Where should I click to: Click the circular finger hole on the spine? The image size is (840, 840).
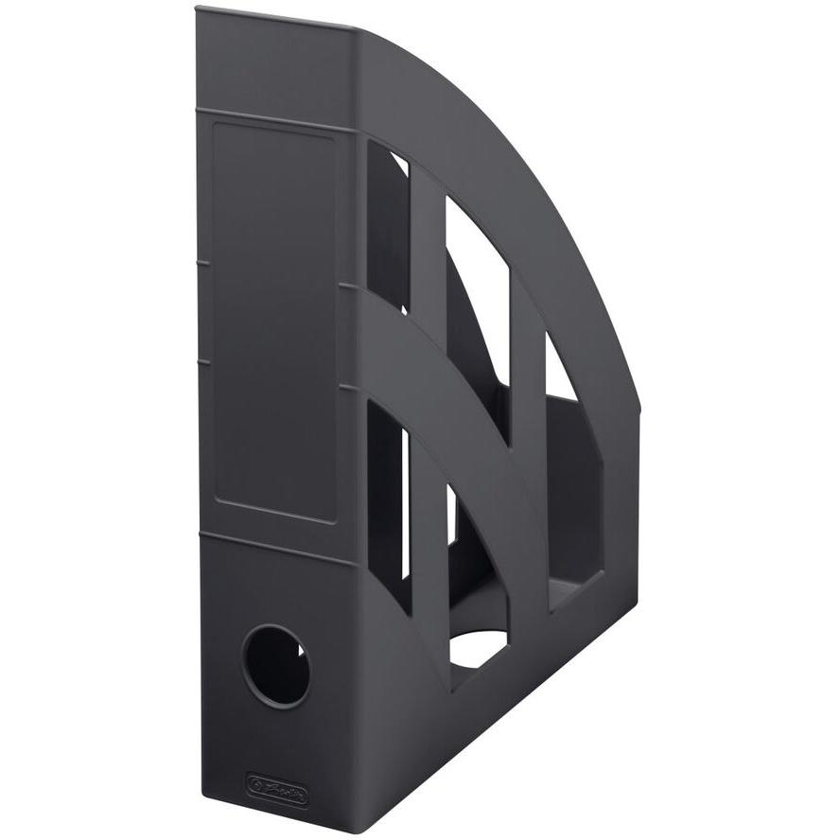tap(275, 665)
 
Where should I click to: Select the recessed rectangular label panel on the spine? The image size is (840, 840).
tap(273, 322)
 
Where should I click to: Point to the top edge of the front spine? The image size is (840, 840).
tap(274, 18)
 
